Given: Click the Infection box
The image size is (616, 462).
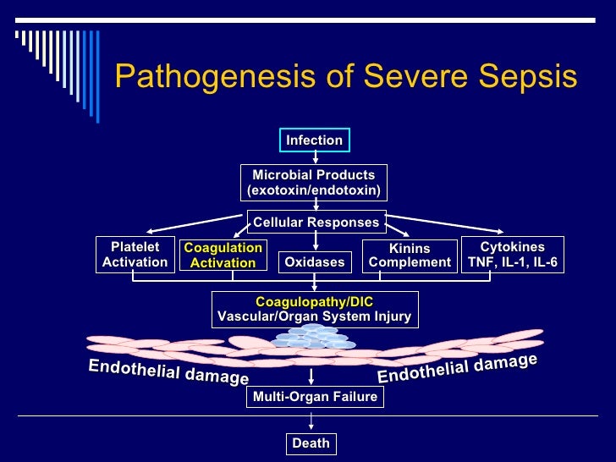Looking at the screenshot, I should click(x=314, y=140).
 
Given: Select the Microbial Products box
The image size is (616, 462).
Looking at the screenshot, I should click(x=314, y=182).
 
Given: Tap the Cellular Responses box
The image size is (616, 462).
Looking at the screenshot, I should click(x=316, y=223).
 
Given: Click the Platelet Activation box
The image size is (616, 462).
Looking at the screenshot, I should click(x=135, y=255).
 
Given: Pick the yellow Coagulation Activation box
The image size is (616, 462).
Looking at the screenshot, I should click(x=223, y=255).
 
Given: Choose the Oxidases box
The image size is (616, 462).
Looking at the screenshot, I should click(x=314, y=262).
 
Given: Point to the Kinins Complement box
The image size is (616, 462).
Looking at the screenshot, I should click(x=410, y=256).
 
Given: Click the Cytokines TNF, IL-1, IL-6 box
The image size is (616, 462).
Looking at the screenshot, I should click(x=513, y=255).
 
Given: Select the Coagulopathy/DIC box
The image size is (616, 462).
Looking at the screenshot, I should click(x=314, y=309).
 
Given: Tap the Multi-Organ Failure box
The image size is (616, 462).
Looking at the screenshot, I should click(x=314, y=397).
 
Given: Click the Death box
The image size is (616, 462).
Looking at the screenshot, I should click(x=311, y=443).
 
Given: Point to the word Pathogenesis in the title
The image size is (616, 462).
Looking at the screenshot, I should click(x=205, y=77).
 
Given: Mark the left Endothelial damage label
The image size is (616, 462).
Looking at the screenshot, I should click(x=168, y=371).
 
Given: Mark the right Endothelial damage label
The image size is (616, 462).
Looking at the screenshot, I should click(x=457, y=367).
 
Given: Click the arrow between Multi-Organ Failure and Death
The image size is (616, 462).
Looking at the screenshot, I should click(x=311, y=421).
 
